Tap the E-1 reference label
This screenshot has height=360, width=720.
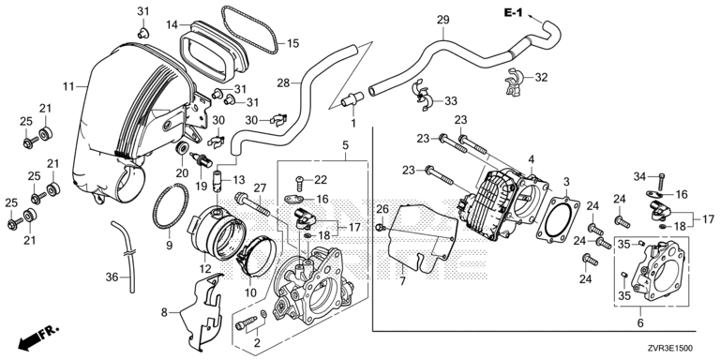coord(514,13)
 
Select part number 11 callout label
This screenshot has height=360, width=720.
coord(68,86)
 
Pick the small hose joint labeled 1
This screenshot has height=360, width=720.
coord(352,98)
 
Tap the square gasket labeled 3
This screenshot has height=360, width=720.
coord(559,219)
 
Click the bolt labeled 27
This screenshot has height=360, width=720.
coord(251,205)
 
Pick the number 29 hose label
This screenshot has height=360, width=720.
coord(443,21)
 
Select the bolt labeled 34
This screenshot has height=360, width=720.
coord(661,181)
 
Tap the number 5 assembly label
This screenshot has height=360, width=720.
coord(345,145)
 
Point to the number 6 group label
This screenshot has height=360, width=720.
coord(640,323)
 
